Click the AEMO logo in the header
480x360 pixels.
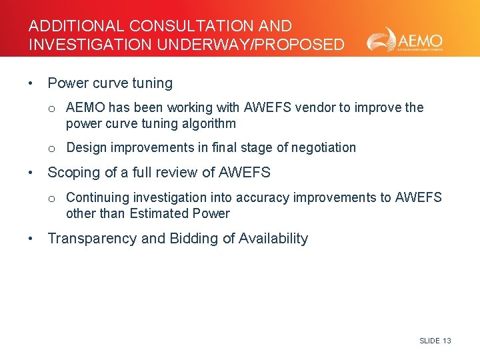tap(404, 40)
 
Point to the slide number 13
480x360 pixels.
tap(447, 341)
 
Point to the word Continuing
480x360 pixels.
tap(97, 197)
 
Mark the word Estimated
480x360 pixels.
tap(159, 213)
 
